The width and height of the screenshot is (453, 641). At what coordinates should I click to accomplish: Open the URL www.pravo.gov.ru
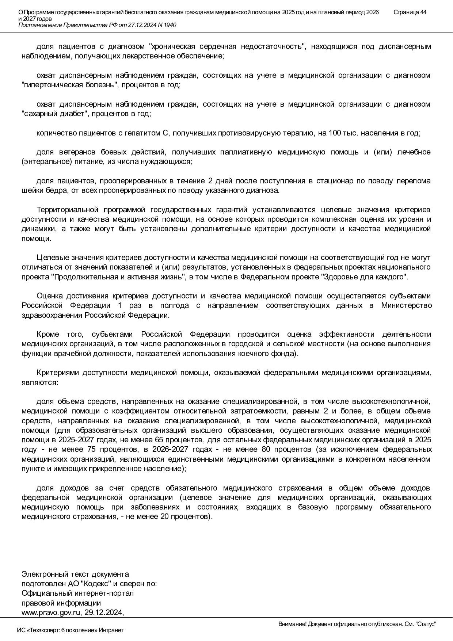tap(51, 613)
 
